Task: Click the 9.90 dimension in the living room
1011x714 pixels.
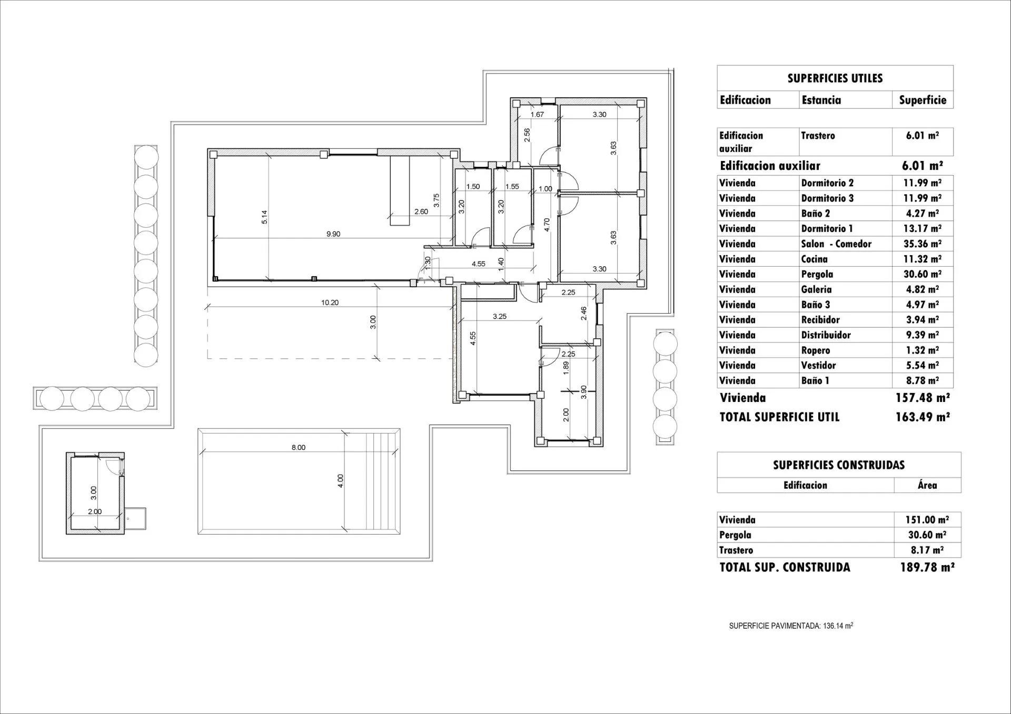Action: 333,234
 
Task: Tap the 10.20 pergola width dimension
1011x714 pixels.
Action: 330,303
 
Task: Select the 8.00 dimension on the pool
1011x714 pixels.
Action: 298,448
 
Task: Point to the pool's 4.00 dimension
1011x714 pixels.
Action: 340,481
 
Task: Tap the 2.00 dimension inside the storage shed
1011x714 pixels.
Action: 95,511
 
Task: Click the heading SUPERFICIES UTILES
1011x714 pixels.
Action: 835,78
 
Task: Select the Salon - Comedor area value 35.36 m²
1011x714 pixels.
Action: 922,244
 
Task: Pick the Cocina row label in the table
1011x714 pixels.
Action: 814,259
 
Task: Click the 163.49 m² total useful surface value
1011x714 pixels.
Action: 923,417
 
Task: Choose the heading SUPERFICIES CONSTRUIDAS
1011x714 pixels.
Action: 838,465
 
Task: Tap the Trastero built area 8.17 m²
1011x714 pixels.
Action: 927,550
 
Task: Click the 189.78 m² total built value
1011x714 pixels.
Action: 927,567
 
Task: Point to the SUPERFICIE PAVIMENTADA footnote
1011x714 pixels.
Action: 791,626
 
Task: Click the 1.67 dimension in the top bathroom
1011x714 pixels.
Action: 537,114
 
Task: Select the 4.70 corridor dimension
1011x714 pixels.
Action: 547,225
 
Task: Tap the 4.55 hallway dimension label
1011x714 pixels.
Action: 478,264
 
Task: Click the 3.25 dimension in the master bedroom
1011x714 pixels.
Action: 499,317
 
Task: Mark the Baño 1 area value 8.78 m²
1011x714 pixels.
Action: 922,380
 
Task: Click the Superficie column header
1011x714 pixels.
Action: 922,100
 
